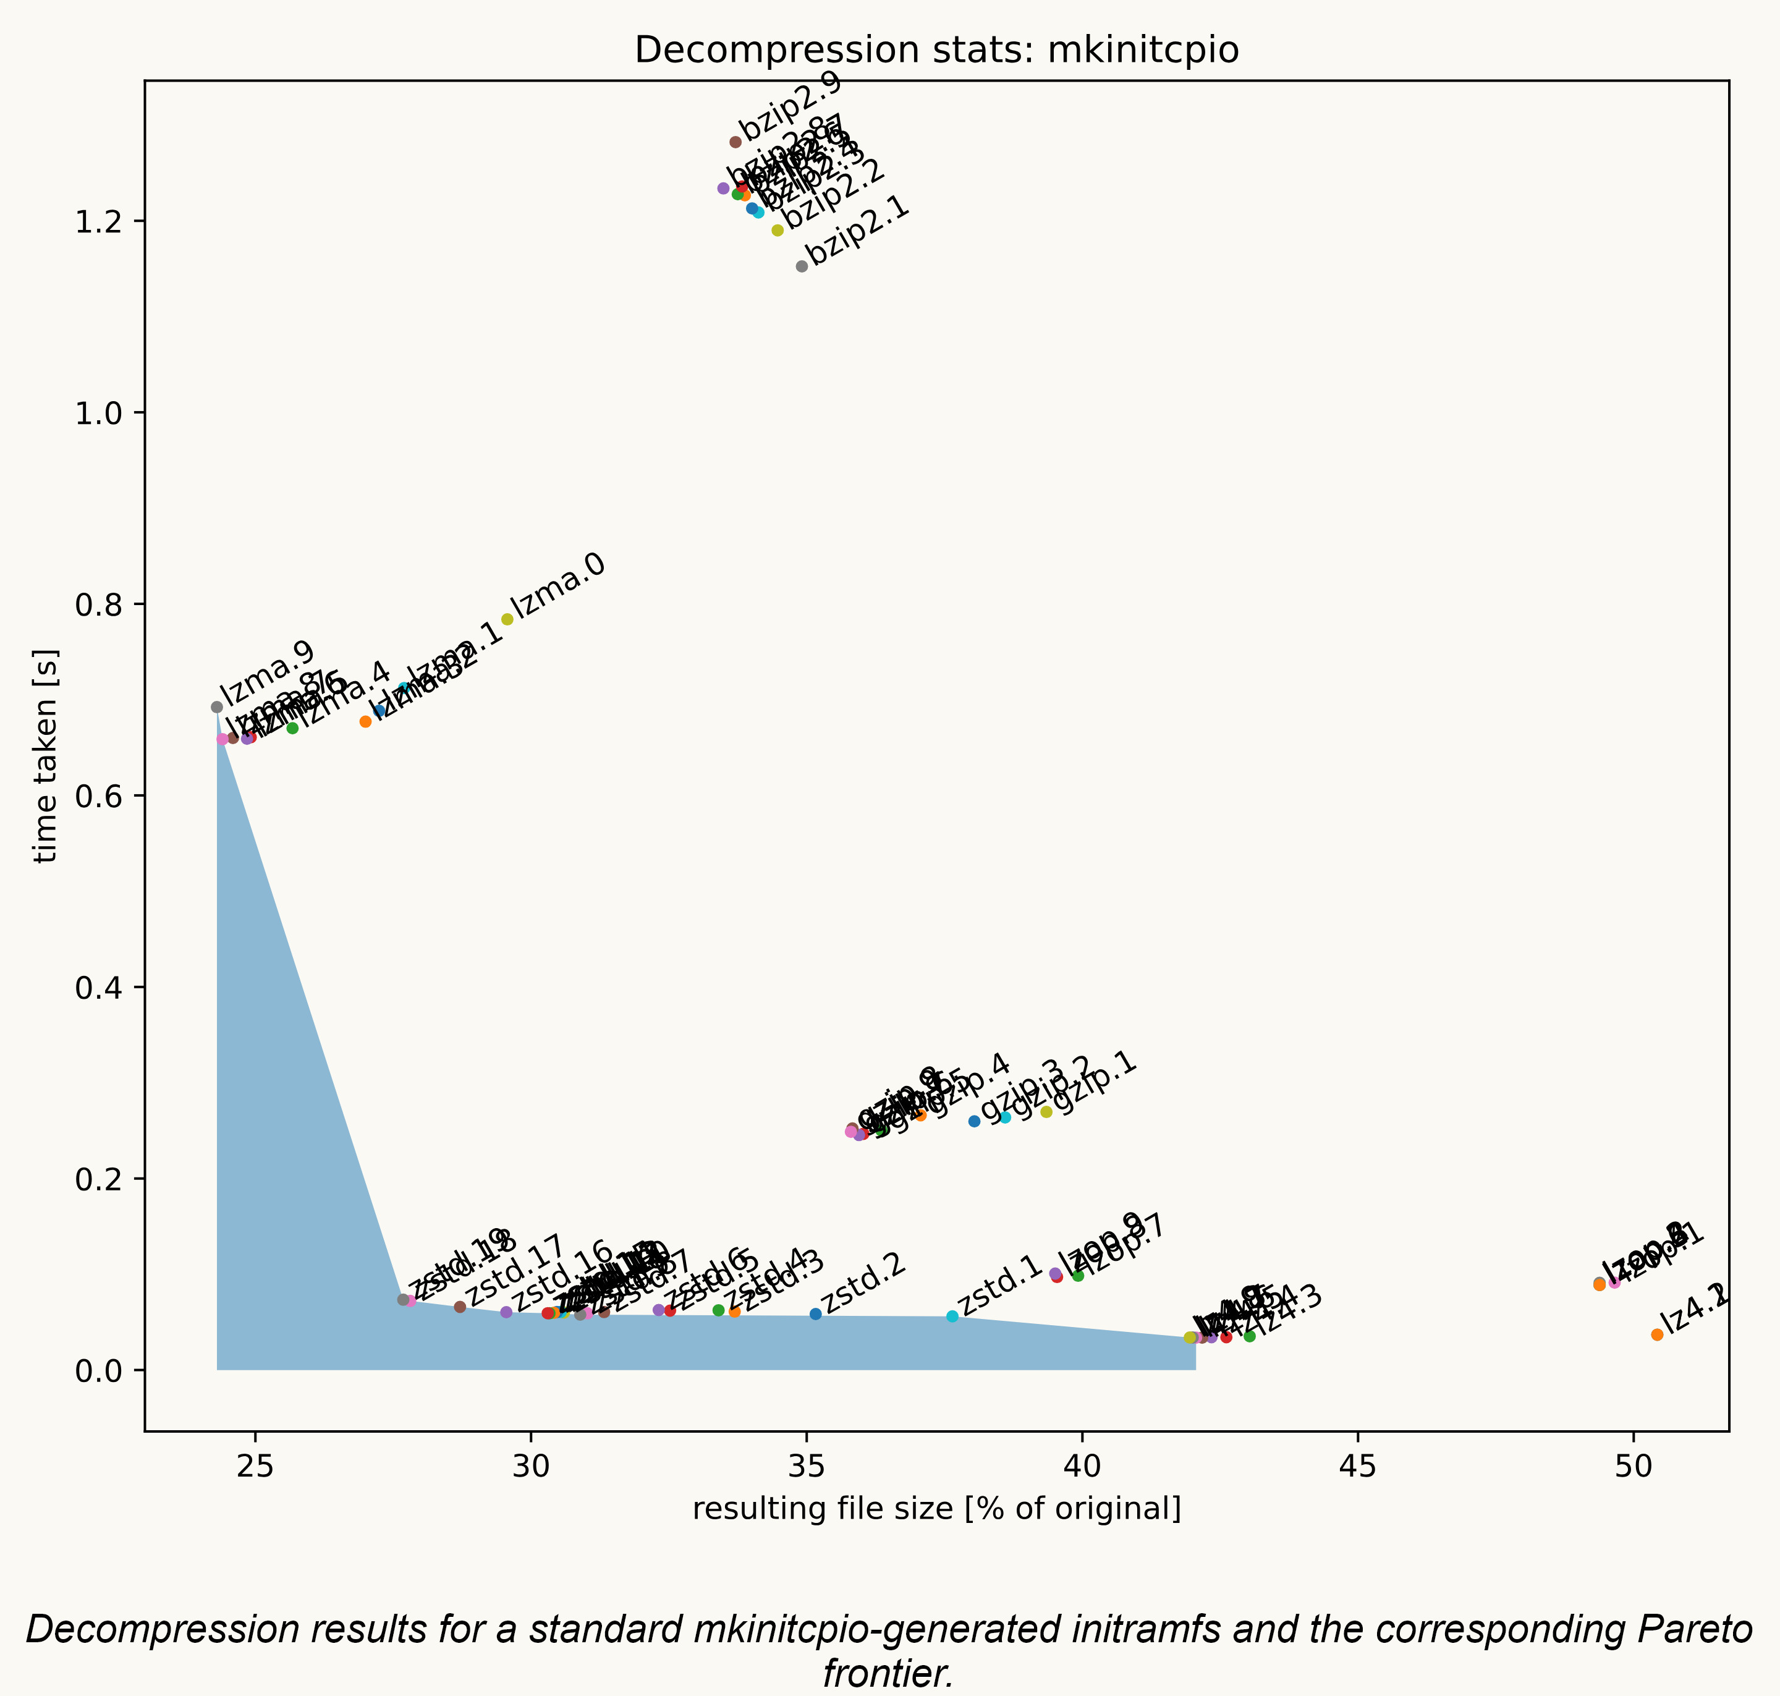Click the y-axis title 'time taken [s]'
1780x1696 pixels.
click(x=44, y=756)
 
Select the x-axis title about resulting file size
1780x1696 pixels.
click(x=936, y=1509)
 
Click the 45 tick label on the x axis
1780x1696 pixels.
click(x=1358, y=1466)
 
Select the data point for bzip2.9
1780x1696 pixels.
click(x=735, y=142)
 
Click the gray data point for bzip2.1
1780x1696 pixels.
click(x=801, y=266)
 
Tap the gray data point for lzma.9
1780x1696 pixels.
click(x=217, y=707)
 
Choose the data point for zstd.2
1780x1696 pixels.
click(x=815, y=1313)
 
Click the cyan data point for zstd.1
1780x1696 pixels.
click(x=952, y=1317)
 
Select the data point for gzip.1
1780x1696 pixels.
click(x=1046, y=1112)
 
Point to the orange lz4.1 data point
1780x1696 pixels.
click(x=1657, y=1334)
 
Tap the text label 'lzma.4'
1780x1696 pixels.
click(x=345, y=693)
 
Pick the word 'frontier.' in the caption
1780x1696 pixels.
click(x=889, y=1673)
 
